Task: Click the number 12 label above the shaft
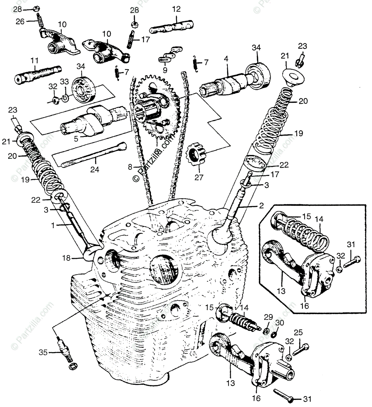(176, 9)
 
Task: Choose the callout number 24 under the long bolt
(95, 169)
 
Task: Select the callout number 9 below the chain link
(165, 70)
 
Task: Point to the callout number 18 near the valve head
(67, 258)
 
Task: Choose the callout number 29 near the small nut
(268, 317)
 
